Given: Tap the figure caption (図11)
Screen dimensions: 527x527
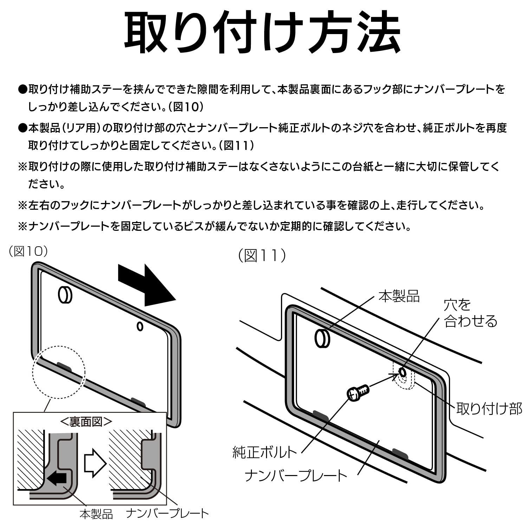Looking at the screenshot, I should [262, 255].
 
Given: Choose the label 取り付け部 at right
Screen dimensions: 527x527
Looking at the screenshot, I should [489, 409].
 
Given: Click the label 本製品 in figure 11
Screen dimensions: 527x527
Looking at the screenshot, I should [399, 296].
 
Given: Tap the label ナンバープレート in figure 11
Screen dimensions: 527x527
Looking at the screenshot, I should [296, 476].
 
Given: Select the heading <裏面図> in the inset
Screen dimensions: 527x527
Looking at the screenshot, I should [86, 422].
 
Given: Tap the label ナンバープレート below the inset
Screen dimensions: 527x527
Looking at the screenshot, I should [167, 514].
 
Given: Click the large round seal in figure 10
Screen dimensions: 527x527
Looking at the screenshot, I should [65, 294].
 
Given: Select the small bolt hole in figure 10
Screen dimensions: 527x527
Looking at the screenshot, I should [140, 326].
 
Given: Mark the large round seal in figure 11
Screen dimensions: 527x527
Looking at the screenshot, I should [322, 338].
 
